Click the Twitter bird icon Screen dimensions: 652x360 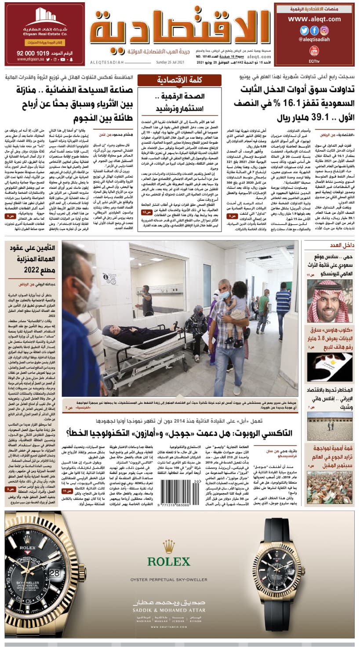pos(304,31)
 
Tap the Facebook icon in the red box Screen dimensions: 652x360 pos(314,31)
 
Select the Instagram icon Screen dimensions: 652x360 pos(324,31)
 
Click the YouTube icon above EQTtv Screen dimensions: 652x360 pos(314,51)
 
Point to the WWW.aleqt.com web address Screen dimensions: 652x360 pos(314,19)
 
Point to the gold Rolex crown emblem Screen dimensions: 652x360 pos(169,547)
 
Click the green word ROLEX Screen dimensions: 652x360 pos(169,561)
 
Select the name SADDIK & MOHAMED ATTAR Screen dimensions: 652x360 pos(169,610)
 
